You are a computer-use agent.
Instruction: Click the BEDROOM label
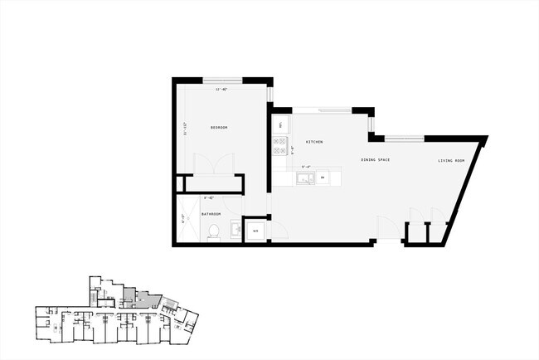219,127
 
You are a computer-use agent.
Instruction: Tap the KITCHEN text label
314,142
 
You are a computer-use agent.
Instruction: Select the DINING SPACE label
376,159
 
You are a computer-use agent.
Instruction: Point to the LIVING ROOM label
451,160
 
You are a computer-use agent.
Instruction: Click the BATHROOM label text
211,214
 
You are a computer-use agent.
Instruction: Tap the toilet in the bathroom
213,231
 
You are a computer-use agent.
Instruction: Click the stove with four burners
280,146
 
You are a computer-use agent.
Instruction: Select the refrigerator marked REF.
280,125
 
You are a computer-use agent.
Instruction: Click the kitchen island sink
304,178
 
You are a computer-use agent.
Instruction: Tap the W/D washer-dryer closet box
255,230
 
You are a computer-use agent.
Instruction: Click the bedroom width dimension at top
221,89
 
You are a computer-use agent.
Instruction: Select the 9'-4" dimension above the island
307,167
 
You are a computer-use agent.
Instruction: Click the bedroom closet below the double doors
211,183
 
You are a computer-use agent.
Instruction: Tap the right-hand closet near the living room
437,232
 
